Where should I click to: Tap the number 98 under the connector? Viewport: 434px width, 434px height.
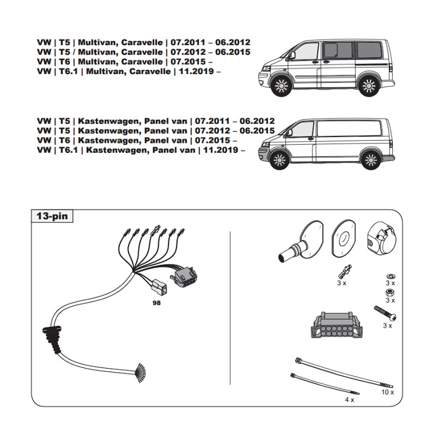pos(156,301)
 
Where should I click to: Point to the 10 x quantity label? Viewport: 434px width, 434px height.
pos(387,392)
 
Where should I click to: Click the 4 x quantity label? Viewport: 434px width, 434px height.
pos(349,400)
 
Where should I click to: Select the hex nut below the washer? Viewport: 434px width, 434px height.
pos(390,292)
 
